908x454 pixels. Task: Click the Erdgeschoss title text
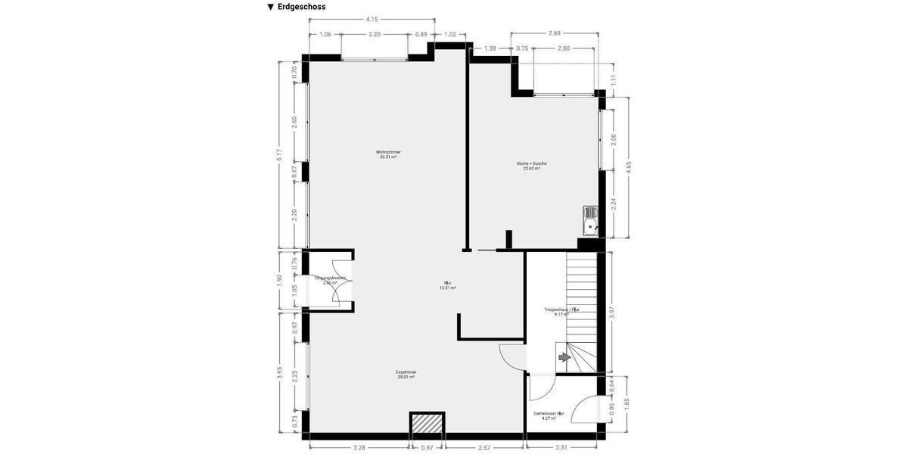pos(301,7)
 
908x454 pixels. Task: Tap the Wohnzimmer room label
pos(388,154)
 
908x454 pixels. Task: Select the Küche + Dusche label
pos(531,166)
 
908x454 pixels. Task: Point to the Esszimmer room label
pos(406,374)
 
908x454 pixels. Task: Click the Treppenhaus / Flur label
pos(561,311)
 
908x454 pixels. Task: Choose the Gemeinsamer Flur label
pos(549,415)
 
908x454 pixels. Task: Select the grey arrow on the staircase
pos(564,356)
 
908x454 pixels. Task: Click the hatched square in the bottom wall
pos(427,424)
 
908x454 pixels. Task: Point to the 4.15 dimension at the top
pos(372,19)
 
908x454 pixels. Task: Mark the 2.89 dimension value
pos(554,33)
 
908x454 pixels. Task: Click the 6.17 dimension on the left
pos(279,154)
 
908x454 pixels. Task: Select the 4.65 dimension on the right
pos(628,168)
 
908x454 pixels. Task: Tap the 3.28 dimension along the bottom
pos(359,448)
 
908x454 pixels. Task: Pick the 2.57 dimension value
pos(484,448)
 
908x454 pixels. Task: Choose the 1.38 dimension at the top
pos(490,48)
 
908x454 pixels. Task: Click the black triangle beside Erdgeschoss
pos(270,7)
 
